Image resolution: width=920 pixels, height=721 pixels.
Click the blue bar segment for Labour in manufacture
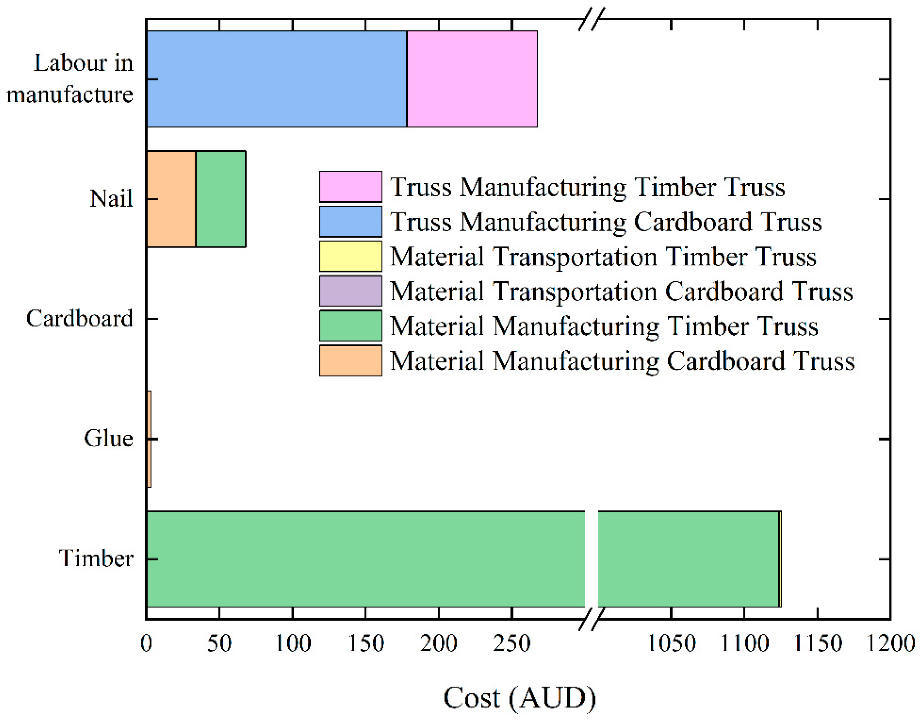pyautogui.click(x=276, y=78)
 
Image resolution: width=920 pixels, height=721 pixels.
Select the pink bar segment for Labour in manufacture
pyautogui.click(x=472, y=78)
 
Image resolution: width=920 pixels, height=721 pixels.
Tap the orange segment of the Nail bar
pyautogui.click(x=171, y=199)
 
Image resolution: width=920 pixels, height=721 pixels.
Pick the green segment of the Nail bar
pyautogui.click(x=221, y=199)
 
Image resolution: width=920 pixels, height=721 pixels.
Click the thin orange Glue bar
pyautogui.click(x=149, y=439)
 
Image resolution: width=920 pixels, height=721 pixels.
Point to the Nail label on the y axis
pyautogui.click(x=111, y=198)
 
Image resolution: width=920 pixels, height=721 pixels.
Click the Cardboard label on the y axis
pyautogui.click(x=79, y=318)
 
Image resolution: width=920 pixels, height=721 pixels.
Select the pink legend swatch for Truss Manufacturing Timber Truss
pyautogui.click(x=350, y=187)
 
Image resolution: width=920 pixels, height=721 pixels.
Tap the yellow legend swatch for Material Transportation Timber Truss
pyautogui.click(x=350, y=256)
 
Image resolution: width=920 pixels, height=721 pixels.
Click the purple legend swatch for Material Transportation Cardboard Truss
pyautogui.click(x=350, y=291)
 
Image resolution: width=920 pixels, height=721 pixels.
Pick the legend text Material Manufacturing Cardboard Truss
pyautogui.click(x=622, y=361)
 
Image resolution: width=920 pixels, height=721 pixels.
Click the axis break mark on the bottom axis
pyautogui.click(x=592, y=619)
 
